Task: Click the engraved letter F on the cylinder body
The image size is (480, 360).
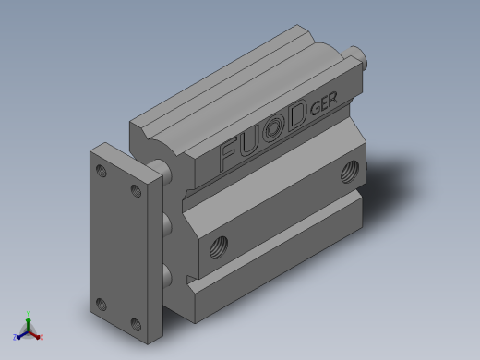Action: pos(227,153)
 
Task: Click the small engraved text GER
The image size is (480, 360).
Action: pos(324,102)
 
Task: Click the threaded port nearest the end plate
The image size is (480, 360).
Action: pos(219,246)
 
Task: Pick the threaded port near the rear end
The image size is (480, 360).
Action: pos(350,172)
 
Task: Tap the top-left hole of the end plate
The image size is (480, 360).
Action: pos(102,171)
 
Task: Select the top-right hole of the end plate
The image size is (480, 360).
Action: pos(136,191)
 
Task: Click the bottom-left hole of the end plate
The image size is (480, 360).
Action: pos(102,304)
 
